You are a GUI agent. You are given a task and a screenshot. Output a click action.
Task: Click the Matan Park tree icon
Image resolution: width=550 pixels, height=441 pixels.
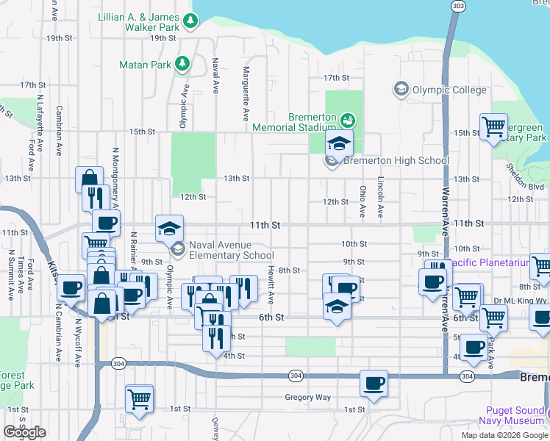(182, 65)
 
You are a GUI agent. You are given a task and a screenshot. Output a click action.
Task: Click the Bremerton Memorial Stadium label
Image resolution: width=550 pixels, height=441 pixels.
(293, 122)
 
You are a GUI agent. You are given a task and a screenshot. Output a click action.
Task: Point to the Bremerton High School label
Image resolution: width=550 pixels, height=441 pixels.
(396, 160)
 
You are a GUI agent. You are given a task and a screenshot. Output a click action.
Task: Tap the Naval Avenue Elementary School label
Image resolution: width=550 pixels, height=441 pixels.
(231, 251)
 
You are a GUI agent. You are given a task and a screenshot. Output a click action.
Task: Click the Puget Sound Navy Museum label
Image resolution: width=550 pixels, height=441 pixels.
(515, 415)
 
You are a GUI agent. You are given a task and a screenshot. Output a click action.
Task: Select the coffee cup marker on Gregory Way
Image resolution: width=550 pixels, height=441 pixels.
(374, 384)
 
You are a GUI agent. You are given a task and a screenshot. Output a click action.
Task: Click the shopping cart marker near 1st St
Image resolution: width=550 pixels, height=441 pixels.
(139, 399)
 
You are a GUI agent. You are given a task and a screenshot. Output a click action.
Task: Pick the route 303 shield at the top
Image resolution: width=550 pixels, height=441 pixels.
(458, 6)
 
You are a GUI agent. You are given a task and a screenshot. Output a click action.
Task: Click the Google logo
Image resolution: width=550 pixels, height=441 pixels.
(24, 431)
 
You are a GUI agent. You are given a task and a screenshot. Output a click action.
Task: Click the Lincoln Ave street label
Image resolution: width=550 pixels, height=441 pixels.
(381, 200)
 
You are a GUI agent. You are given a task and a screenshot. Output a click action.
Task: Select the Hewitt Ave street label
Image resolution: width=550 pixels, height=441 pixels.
(271, 285)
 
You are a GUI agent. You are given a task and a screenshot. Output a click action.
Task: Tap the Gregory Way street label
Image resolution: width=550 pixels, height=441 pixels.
(307, 398)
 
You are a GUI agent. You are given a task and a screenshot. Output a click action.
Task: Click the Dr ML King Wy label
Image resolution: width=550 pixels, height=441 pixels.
(521, 301)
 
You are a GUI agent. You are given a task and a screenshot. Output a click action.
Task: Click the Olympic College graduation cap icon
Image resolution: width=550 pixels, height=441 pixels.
(401, 90)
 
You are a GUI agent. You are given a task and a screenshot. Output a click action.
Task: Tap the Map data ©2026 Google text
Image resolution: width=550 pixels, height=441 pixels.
(504, 435)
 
